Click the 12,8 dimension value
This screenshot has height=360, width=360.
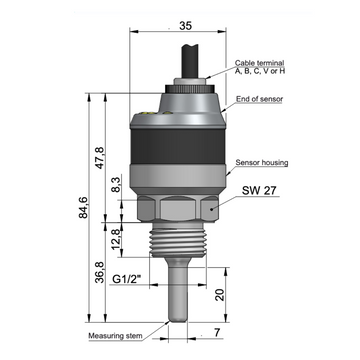click(116, 237)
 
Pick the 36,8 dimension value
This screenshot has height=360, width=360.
click(100, 271)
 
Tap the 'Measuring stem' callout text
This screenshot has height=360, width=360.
click(118, 336)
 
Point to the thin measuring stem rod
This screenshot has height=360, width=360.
click(180, 295)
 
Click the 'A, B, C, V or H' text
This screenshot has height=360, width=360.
click(260, 71)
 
